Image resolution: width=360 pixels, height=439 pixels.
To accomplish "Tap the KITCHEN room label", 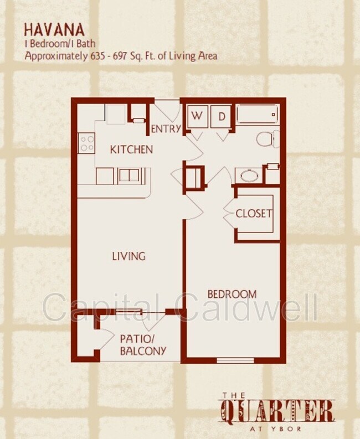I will pyautogui.click(x=131, y=149).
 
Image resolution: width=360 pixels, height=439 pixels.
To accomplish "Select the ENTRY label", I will pyautogui.click(x=166, y=129).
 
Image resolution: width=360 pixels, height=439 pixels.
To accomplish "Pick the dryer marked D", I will pyautogui.click(x=221, y=116).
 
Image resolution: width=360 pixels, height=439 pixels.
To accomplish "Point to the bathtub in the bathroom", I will pyautogui.click(x=256, y=115).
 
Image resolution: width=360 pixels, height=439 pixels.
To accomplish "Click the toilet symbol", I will pyautogui.click(x=268, y=138).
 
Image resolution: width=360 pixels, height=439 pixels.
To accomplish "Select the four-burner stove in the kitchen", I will pyautogui.click(x=87, y=143).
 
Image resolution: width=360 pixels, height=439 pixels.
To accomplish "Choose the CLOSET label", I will pyautogui.click(x=254, y=213).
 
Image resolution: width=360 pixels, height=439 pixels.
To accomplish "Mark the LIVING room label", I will pyautogui.click(x=128, y=256).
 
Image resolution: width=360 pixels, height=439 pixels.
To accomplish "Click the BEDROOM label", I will pyautogui.click(x=232, y=294).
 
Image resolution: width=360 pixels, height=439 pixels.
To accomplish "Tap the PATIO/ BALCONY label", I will pyautogui.click(x=143, y=344).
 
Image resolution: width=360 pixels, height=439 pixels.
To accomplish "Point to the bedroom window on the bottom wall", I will pyautogui.click(x=235, y=360).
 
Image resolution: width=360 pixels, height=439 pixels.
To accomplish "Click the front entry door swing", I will pyautogui.click(x=168, y=110).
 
